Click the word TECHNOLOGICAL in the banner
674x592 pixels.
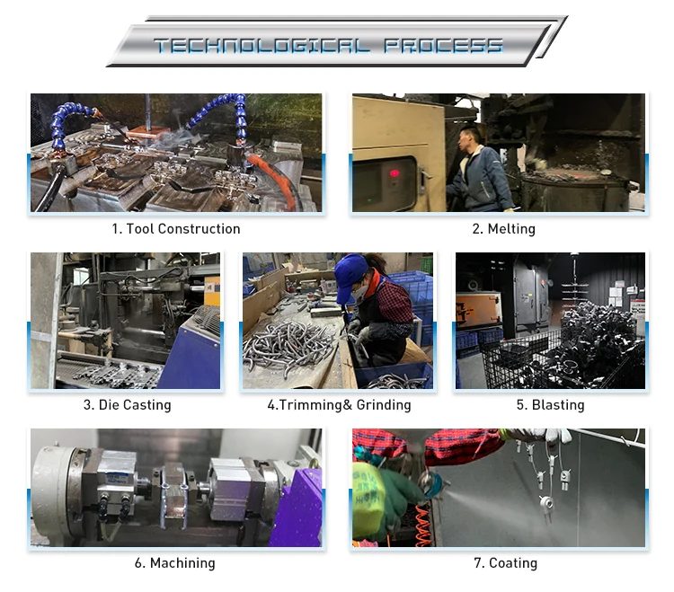[x=262, y=46]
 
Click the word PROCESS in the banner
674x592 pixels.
[x=443, y=46]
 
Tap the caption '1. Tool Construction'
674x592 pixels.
[x=176, y=229]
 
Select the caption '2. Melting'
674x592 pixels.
[x=504, y=229]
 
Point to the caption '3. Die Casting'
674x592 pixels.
[x=128, y=405]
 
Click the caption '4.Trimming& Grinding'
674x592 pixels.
[x=339, y=405]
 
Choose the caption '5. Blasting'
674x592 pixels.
[x=550, y=405]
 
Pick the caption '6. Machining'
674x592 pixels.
[x=175, y=563]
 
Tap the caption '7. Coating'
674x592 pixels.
[x=505, y=563]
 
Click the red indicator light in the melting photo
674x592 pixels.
[x=394, y=173]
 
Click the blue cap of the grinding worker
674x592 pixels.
[x=351, y=276]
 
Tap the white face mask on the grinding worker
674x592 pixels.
[x=360, y=291]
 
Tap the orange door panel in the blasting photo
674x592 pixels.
[x=478, y=310]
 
